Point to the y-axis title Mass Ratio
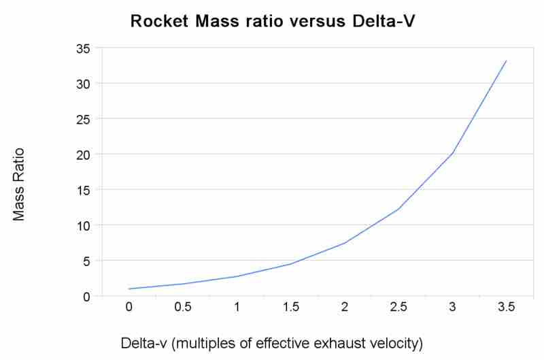click(19, 184)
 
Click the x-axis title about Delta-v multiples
click(271, 343)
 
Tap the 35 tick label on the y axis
click(83, 48)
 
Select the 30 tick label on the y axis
click(83, 84)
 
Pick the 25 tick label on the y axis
click(83, 119)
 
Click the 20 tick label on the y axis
click(83, 154)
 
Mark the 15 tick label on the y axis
click(83, 190)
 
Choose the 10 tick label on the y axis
click(83, 225)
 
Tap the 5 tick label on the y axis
click(86, 261)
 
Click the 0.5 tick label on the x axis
click(182, 307)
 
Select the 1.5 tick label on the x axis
click(290, 307)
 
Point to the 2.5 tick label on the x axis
click(398, 307)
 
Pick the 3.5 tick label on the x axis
click(506, 307)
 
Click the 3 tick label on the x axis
click(452, 307)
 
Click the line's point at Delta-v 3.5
click(506, 61)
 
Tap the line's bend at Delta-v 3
click(452, 154)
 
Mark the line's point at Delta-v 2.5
click(398, 209)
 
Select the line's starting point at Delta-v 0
click(129, 289)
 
